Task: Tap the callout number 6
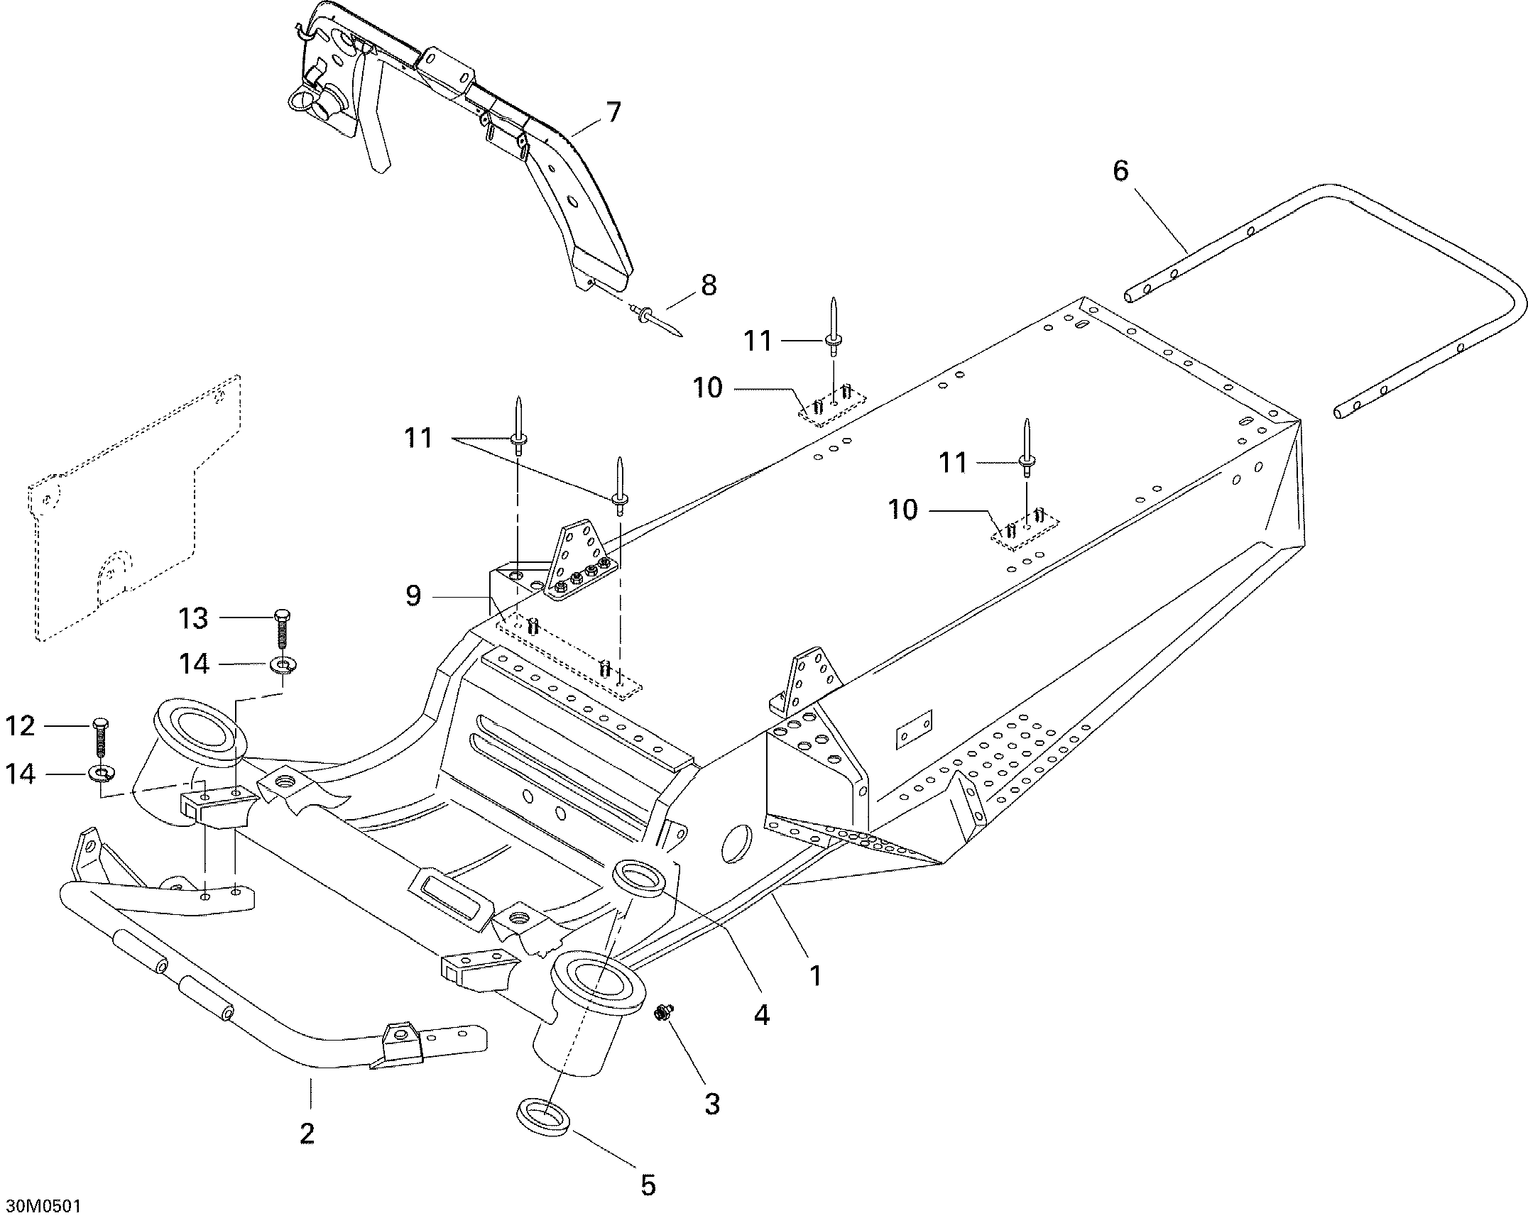tap(1120, 171)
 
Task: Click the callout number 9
tap(413, 595)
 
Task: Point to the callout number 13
tap(193, 618)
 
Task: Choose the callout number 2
tap(307, 1133)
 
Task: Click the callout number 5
tap(648, 1185)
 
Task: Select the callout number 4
tap(761, 1015)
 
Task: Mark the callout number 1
tap(816, 976)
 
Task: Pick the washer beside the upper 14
tap(283, 665)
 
